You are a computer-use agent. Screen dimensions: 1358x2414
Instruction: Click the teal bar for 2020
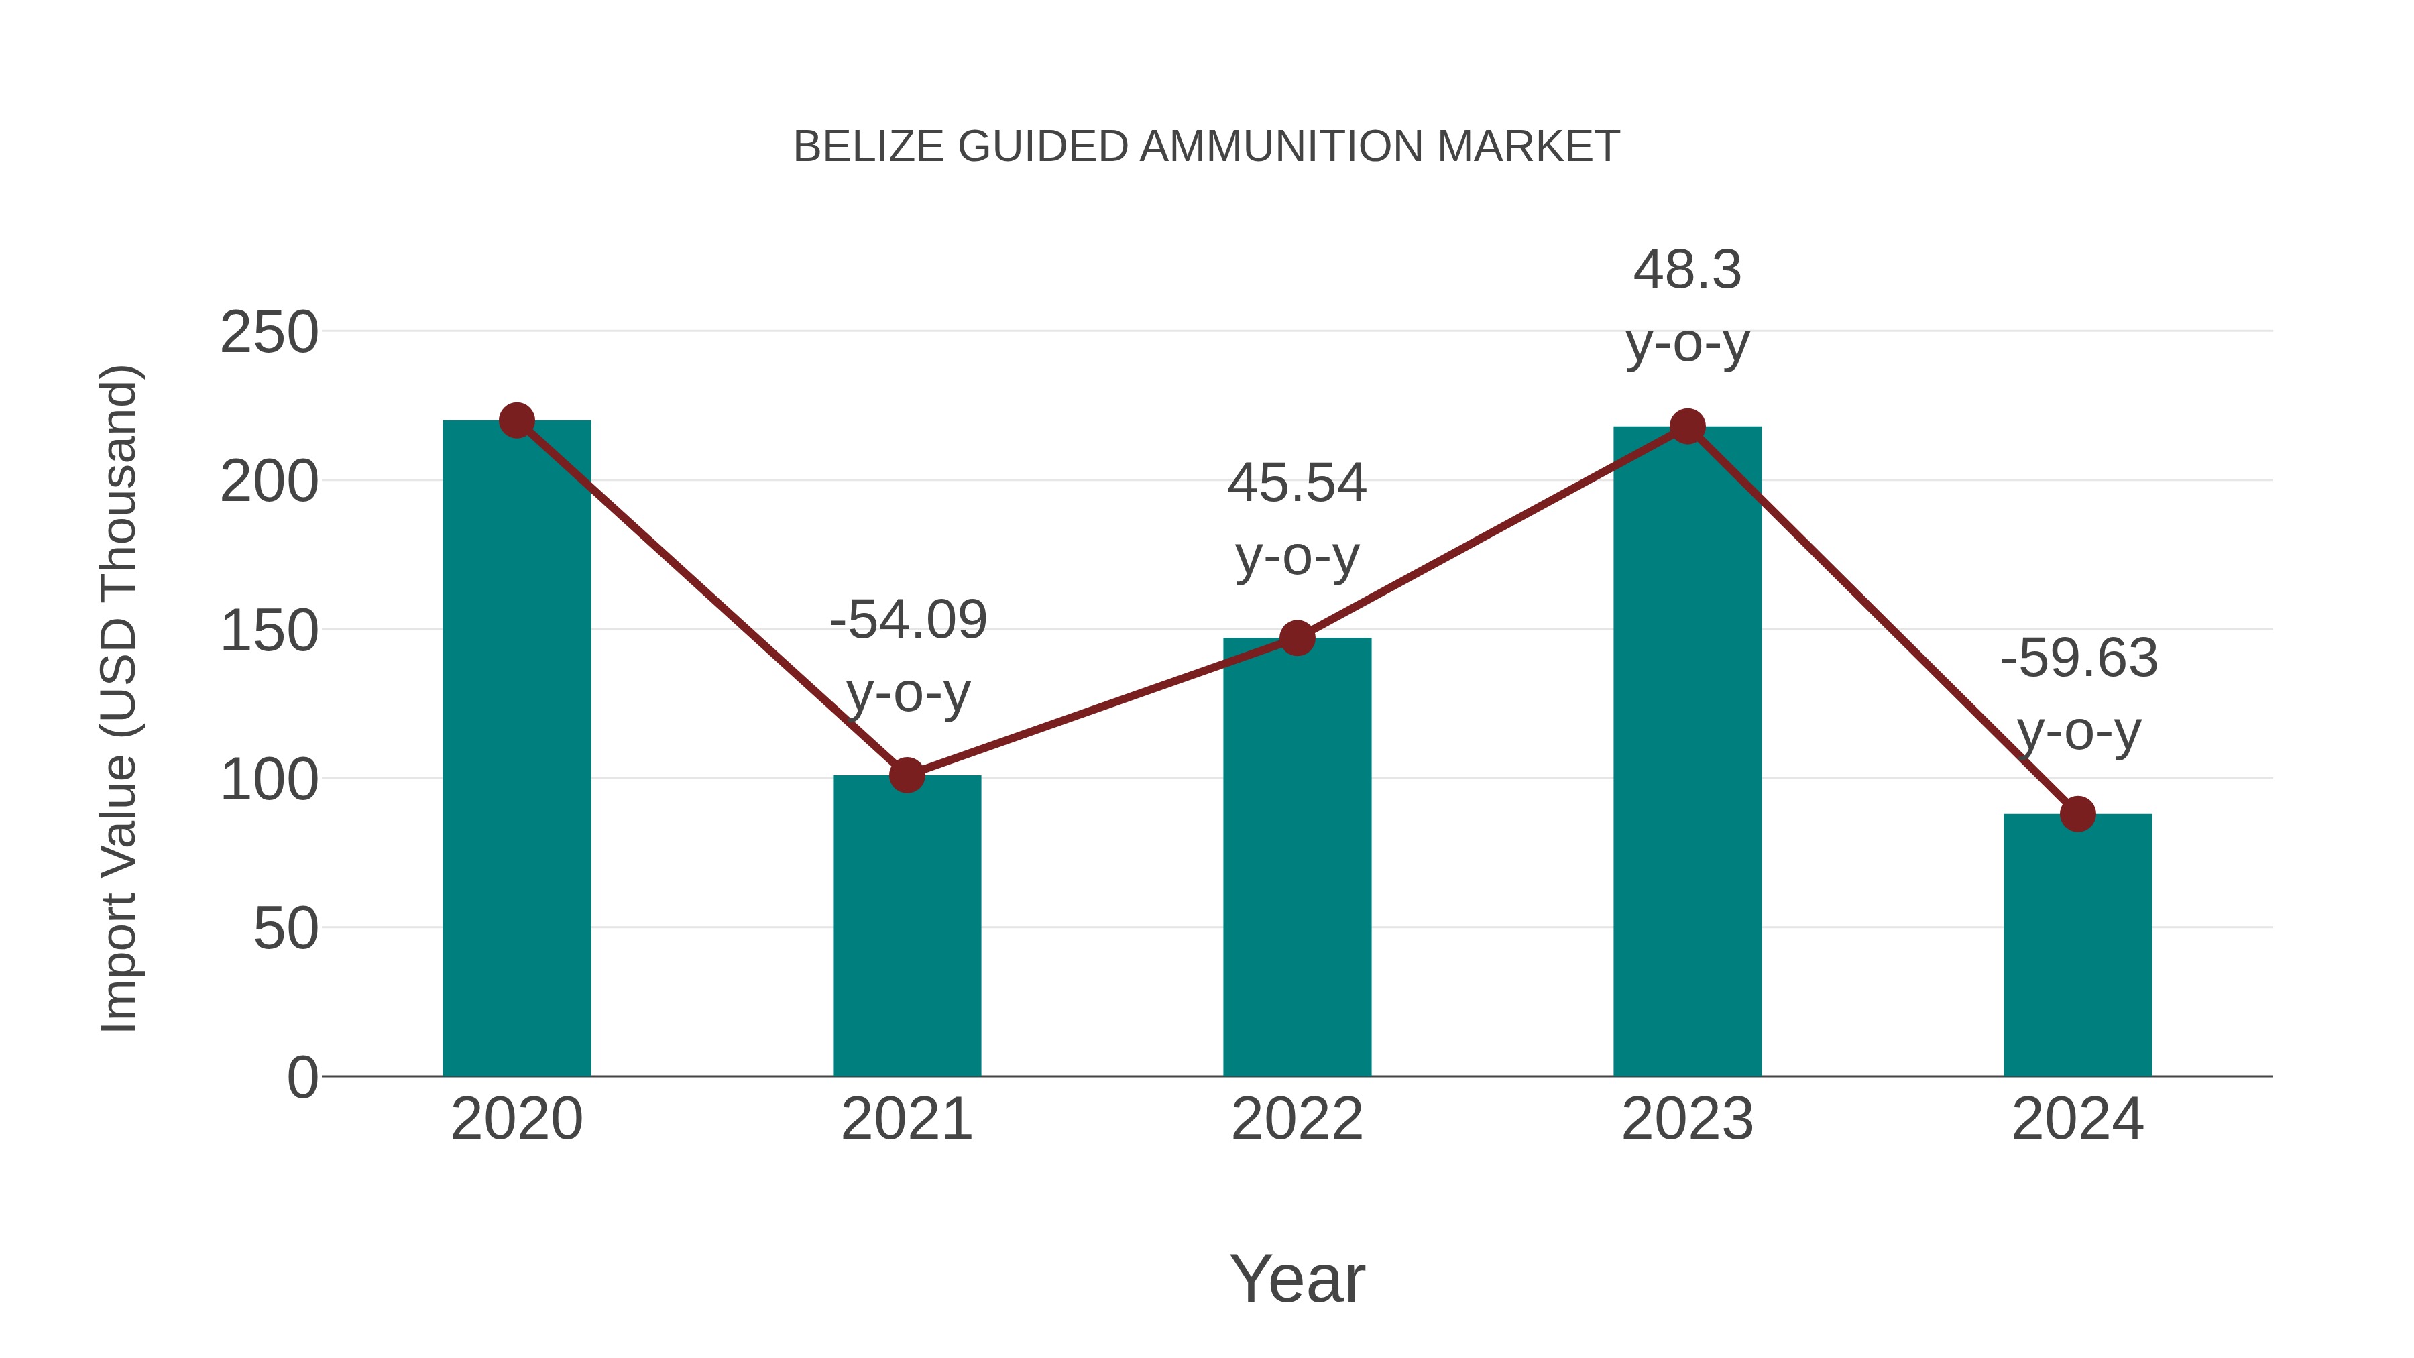click(x=516, y=750)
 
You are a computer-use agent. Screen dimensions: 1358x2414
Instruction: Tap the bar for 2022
click(x=1297, y=858)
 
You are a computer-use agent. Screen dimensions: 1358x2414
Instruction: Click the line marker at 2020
click(x=516, y=420)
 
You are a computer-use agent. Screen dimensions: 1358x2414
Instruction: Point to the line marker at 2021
click(x=906, y=775)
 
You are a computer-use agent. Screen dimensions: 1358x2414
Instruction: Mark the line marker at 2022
click(x=1297, y=638)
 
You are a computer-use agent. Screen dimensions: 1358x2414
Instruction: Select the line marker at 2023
click(x=1687, y=427)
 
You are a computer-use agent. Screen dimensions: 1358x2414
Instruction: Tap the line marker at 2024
click(x=2077, y=813)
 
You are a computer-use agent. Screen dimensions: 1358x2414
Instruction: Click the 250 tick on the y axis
click(x=269, y=333)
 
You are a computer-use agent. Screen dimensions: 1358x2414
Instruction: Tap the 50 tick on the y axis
click(x=285, y=929)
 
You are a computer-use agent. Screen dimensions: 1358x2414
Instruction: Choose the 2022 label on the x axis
click(x=1297, y=1119)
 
